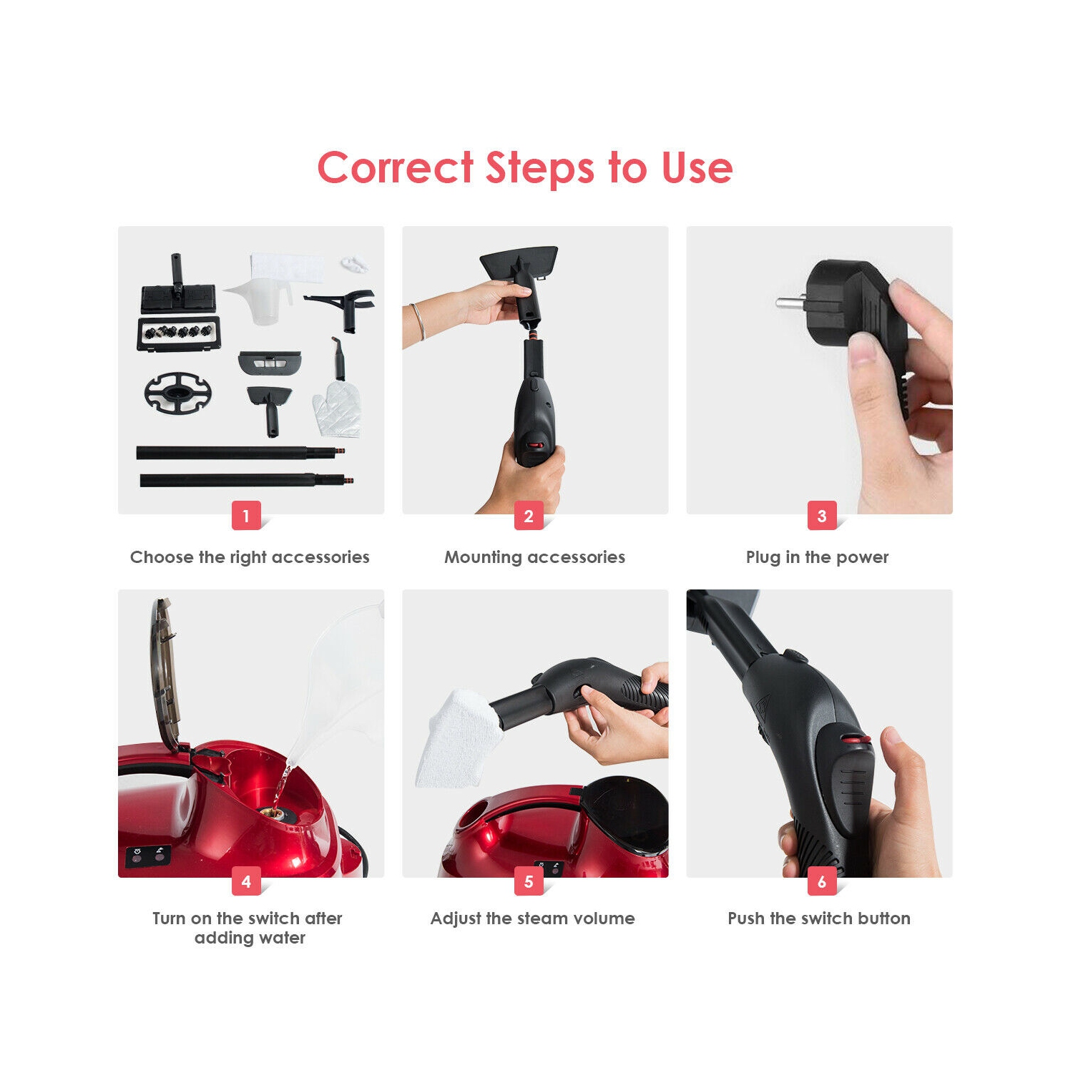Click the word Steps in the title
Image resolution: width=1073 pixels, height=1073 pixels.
tap(540, 169)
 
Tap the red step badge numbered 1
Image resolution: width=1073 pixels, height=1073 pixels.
tap(246, 516)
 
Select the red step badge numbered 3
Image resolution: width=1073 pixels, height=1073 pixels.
tap(822, 516)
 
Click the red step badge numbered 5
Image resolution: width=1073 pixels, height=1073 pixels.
tap(529, 882)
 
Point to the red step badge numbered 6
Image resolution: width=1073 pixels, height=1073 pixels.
tap(822, 882)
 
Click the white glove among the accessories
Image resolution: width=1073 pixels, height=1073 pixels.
tap(338, 409)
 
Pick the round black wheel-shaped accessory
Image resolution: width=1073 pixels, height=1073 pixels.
tap(178, 393)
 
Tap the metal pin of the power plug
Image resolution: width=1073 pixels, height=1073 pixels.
tap(791, 303)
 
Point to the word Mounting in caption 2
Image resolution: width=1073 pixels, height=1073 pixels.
tap(483, 557)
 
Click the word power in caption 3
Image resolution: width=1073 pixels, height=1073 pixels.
tap(862, 557)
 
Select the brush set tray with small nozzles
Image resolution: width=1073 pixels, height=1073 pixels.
tap(178, 333)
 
